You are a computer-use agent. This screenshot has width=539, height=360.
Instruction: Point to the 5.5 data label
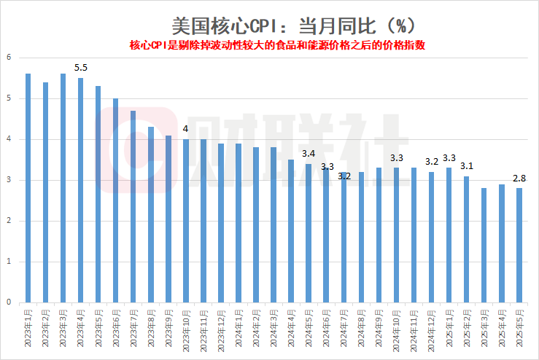pyautogui.click(x=81, y=68)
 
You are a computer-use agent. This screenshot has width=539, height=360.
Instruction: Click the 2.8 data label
pyautogui.click(x=519, y=178)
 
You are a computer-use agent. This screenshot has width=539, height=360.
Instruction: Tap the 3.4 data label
pyautogui.click(x=309, y=154)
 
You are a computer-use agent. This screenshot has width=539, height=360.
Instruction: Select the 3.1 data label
pyautogui.click(x=466, y=166)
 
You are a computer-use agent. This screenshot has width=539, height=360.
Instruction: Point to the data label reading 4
pyautogui.click(x=185, y=129)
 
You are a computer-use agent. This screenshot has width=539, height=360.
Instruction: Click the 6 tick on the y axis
pyautogui.click(x=9, y=58)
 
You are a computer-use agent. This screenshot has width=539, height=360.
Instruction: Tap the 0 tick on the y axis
pyautogui.click(x=9, y=302)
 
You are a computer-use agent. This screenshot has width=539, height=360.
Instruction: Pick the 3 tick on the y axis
pyautogui.click(x=9, y=180)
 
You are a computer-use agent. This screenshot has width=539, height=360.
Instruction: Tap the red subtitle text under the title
pyautogui.click(x=277, y=45)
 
